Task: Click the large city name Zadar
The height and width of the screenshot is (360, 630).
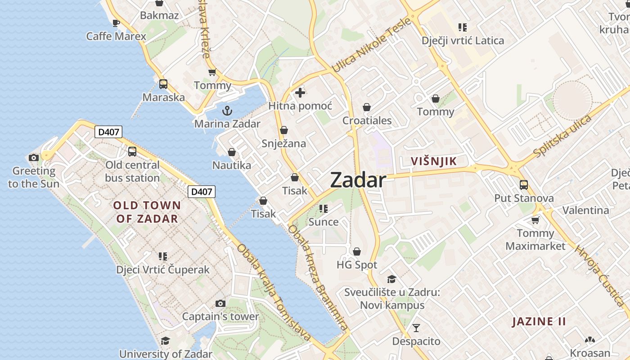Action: click(x=358, y=180)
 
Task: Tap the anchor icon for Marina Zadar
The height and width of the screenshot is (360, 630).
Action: click(x=228, y=110)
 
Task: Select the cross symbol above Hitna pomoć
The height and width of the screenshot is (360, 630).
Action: click(x=300, y=93)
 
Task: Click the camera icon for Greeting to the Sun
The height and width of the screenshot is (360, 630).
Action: click(x=34, y=157)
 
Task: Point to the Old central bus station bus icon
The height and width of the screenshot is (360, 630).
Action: click(x=132, y=152)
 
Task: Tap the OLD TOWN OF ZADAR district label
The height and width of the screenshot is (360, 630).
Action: click(x=147, y=212)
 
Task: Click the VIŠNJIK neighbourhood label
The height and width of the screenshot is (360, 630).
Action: click(x=434, y=161)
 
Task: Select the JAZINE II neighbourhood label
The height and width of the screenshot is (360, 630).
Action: click(x=539, y=322)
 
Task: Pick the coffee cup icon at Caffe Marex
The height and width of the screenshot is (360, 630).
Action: click(x=116, y=22)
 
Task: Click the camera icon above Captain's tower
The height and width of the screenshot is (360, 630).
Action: click(x=220, y=303)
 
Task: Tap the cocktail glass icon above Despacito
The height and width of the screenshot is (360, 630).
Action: click(x=416, y=328)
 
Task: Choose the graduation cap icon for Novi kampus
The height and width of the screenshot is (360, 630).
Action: click(x=391, y=279)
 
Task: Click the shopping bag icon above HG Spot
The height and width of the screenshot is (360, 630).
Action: click(x=357, y=252)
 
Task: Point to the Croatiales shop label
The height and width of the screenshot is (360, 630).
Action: click(x=367, y=121)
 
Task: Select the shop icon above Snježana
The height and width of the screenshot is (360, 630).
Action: click(x=284, y=130)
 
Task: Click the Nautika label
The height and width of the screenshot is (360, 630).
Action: click(x=232, y=165)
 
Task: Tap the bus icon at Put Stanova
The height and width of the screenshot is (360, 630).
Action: click(x=524, y=184)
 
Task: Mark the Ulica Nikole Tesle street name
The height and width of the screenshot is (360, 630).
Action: click(x=371, y=45)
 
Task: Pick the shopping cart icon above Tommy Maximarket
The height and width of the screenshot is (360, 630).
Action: click(x=535, y=220)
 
